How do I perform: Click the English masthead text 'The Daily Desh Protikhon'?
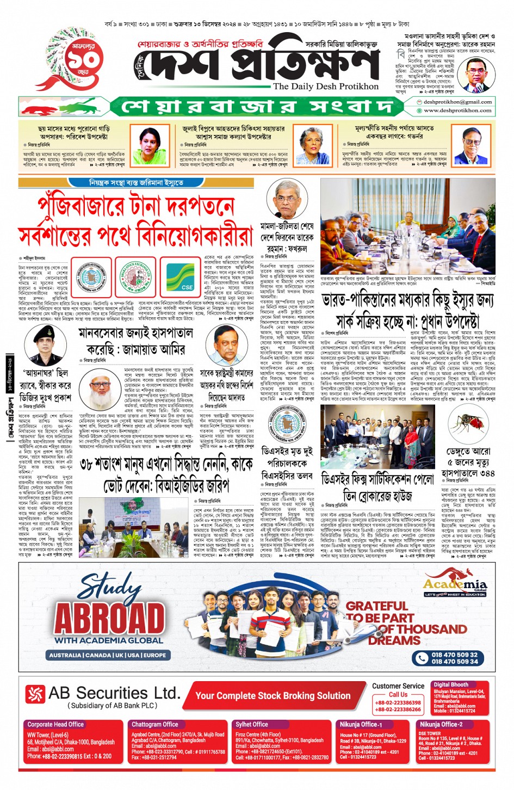(326, 87)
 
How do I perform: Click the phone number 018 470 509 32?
(454, 655)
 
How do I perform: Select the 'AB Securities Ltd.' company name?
(114, 693)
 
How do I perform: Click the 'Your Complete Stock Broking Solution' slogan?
(273, 695)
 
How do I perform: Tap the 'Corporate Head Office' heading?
(55, 724)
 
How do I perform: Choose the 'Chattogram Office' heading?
(155, 724)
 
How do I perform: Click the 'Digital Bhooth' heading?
(451, 684)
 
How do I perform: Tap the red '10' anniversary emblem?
(78, 61)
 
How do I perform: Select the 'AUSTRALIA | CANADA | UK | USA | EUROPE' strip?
(108, 655)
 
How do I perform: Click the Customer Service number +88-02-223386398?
(398, 702)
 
